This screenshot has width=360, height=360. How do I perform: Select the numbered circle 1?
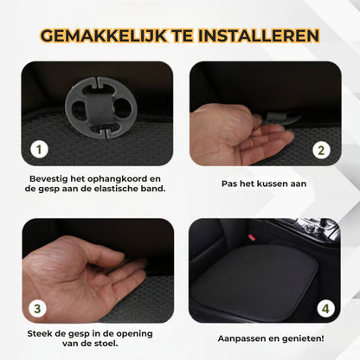[37, 149]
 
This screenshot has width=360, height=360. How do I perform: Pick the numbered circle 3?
[37, 306]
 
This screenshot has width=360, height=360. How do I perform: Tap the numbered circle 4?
[324, 306]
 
